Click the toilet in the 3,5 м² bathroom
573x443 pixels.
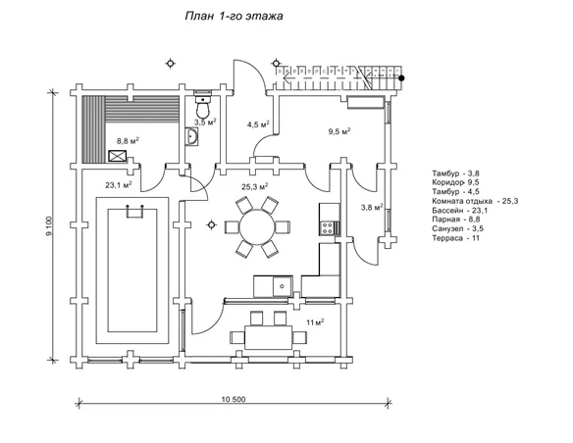202,105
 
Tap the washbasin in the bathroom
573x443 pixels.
191,137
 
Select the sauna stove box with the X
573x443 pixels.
118,156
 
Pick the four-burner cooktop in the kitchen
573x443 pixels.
327,228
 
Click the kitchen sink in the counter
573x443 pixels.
283,286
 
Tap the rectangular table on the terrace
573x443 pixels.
269,337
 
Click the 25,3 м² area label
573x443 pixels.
255,187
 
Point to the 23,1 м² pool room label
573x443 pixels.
119,185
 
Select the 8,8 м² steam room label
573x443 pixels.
128,141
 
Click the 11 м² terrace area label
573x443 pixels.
315,322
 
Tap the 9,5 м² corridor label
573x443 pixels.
339,131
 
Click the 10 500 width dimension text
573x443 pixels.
234,399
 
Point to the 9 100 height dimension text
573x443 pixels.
50,226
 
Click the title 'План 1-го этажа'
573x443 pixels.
234,16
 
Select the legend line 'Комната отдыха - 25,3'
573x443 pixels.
475,201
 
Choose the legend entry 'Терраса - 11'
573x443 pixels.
455,238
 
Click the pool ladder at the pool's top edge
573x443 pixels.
134,212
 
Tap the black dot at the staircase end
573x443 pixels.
401,77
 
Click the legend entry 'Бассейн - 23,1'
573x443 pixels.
460,211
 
